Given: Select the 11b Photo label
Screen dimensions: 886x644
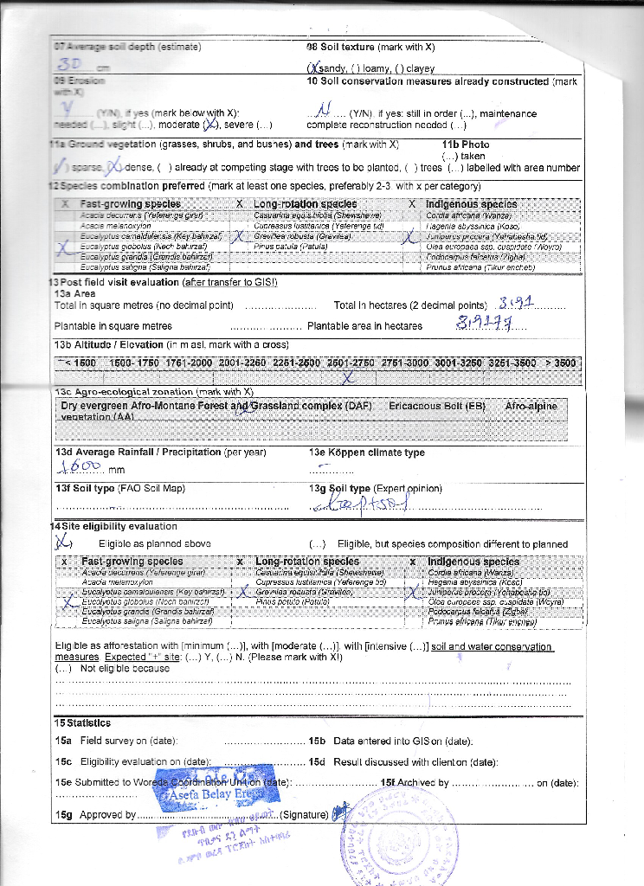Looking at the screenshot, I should click(466, 144).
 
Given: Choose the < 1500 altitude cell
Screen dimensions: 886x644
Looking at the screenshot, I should click(76, 363).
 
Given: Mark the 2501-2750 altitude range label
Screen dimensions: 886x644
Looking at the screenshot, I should click(349, 363).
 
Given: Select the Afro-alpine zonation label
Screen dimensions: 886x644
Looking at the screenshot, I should click(531, 405).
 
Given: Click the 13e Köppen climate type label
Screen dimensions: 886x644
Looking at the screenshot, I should click(366, 453).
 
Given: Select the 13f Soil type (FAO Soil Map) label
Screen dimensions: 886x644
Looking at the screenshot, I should click(119, 489).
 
